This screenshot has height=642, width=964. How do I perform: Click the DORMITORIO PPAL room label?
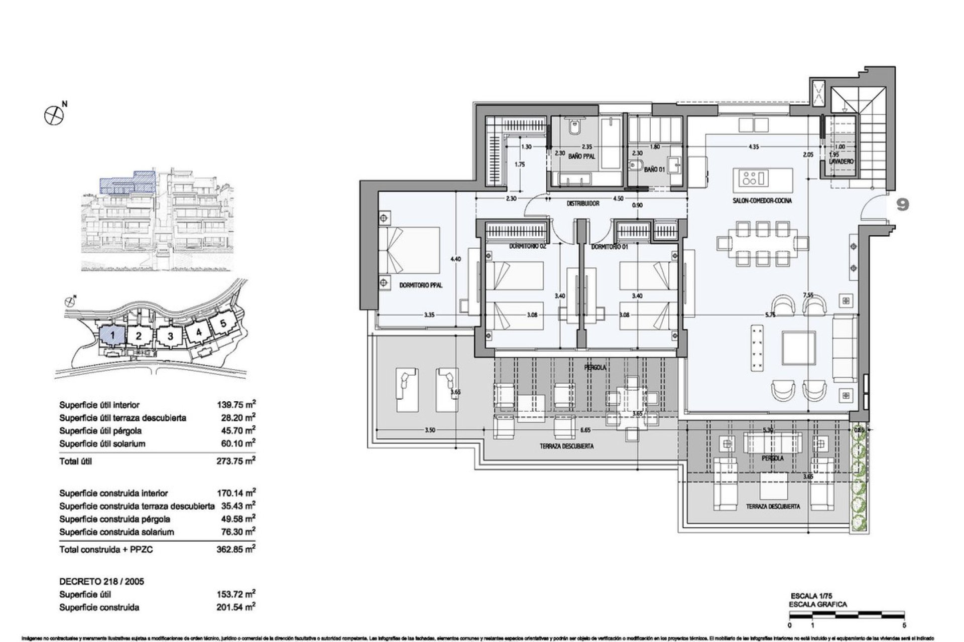[421, 285]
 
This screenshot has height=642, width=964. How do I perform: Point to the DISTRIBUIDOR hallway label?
[583, 204]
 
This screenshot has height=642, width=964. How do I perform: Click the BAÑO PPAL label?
[581, 157]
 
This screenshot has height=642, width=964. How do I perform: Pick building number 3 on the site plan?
[170, 336]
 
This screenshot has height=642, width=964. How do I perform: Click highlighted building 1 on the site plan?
[113, 335]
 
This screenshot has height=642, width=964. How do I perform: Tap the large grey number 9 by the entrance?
[903, 205]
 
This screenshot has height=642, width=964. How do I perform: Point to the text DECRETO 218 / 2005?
[101, 581]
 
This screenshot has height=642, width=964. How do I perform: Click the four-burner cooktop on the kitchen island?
[751, 178]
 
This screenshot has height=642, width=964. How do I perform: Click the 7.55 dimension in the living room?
[808, 295]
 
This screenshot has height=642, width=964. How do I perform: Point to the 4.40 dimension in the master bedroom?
[455, 259]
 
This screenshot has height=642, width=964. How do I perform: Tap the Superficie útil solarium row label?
[102, 444]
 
